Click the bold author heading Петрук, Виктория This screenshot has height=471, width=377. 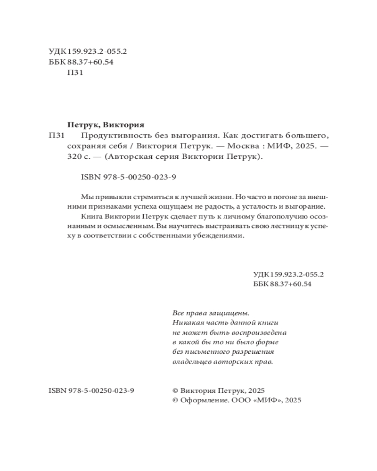click(x=106, y=125)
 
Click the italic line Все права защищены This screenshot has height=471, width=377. click(x=210, y=312)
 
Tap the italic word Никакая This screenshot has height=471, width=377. click(x=188, y=322)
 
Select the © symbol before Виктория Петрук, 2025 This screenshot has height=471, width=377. click(x=176, y=390)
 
